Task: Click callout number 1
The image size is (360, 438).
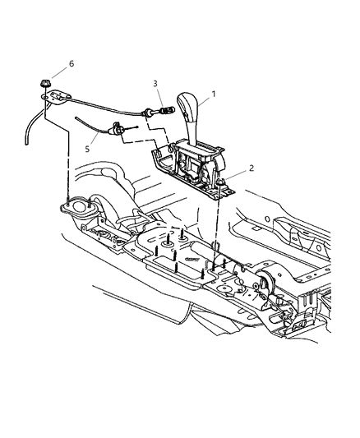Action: coord(214,95)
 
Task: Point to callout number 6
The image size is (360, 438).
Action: coord(71,63)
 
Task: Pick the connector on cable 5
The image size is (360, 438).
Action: coord(118,129)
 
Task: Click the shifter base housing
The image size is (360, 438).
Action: coord(193,168)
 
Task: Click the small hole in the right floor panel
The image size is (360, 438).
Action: coord(267,219)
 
